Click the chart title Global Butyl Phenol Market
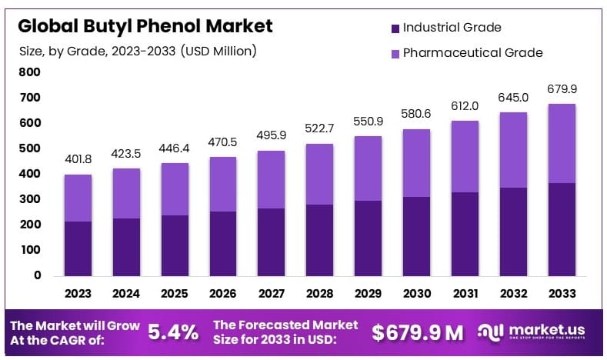(145, 26)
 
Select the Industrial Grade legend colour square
(395, 28)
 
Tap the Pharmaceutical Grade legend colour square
(395, 53)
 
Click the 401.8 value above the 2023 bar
(78, 159)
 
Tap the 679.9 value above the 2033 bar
(562, 88)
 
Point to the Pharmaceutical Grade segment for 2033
(562, 143)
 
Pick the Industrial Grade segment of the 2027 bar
(272, 242)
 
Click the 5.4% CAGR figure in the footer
(172, 332)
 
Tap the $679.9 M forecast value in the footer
(418, 332)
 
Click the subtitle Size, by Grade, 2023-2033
(138, 52)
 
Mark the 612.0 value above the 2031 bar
(465, 106)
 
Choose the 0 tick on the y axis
(36, 275)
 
